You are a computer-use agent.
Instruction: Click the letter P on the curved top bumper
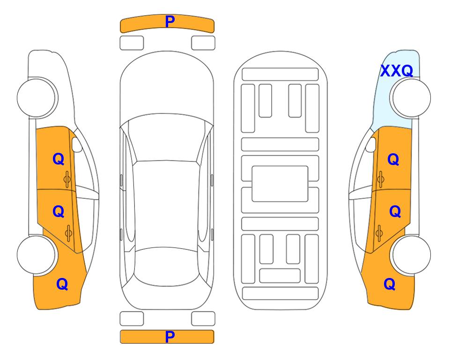170,22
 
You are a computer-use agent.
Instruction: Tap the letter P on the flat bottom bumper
170,337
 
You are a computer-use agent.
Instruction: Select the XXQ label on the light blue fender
397,71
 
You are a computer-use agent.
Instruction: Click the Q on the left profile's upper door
59,159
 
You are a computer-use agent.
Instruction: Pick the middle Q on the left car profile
59,212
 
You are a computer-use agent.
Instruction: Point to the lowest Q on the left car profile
62,284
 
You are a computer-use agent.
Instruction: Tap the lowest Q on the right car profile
390,284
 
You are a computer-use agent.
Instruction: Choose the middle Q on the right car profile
395,212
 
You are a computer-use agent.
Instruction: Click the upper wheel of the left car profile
37,98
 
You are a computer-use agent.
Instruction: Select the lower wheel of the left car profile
37,255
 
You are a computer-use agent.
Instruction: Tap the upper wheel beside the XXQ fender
411,98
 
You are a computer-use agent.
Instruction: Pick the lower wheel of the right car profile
411,255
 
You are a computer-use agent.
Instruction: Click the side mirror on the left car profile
77,144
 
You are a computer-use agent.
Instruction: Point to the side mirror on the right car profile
370,144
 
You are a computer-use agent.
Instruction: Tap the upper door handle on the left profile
67,180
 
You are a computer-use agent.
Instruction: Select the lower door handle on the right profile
379,233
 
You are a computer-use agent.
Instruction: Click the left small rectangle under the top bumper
132,43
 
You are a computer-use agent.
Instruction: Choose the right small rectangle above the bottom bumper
203,319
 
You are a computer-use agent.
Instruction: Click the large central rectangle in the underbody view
280,184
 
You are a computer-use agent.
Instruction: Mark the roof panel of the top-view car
166,204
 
